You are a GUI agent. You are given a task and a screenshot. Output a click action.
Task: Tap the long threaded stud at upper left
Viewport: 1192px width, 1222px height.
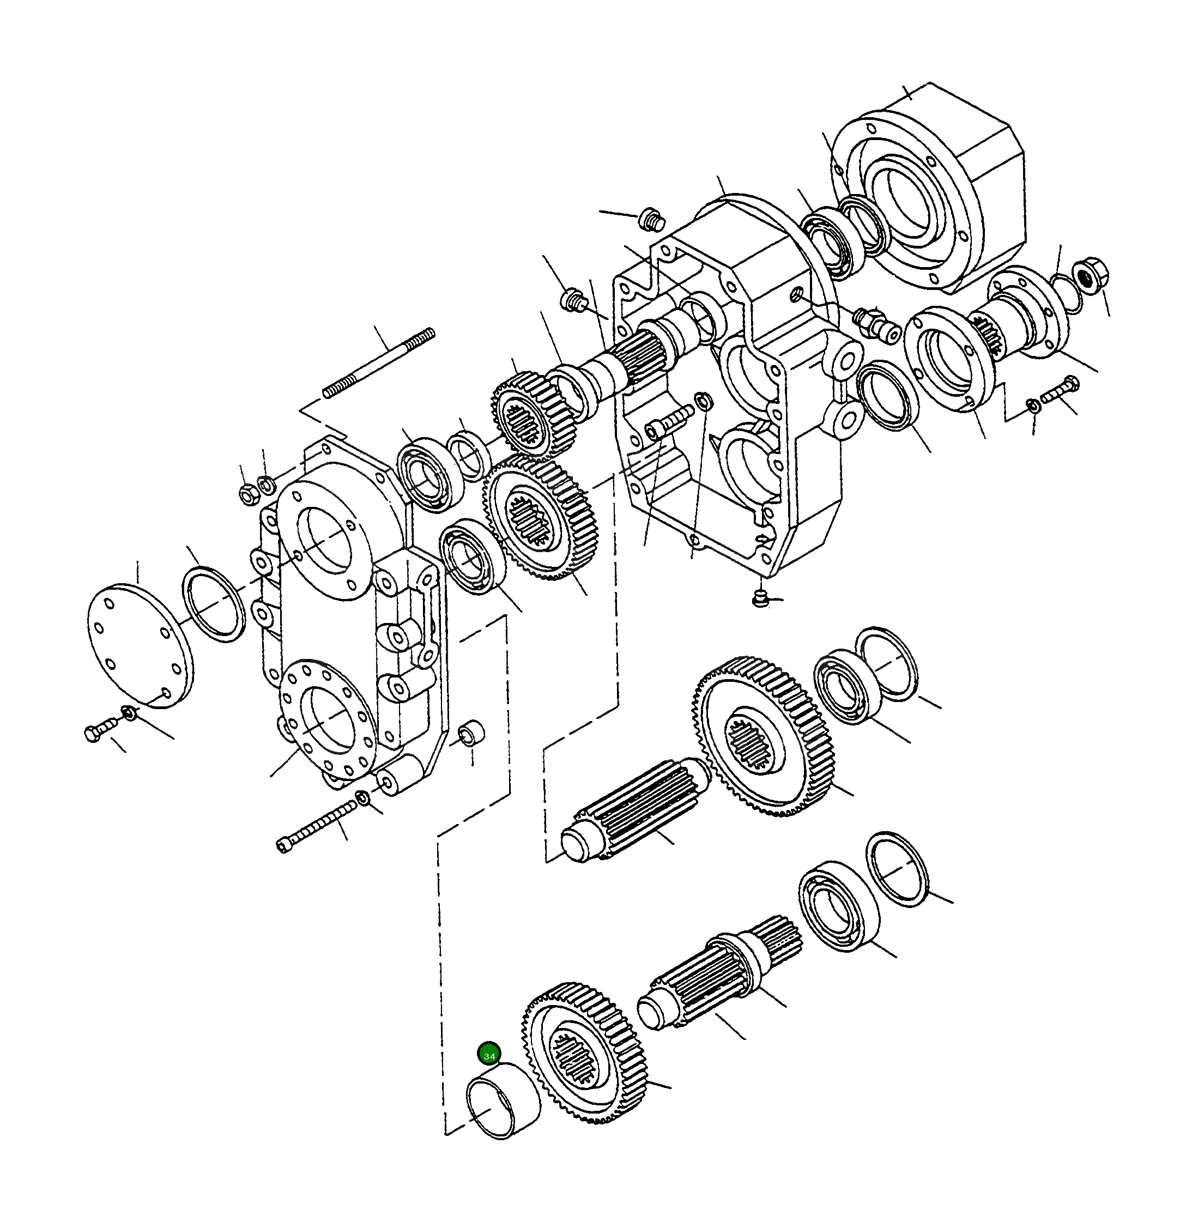coord(379,364)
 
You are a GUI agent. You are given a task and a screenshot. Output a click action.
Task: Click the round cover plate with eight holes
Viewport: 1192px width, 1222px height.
coord(140,646)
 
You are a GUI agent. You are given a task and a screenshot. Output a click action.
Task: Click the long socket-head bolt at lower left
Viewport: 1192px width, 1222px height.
coord(316,827)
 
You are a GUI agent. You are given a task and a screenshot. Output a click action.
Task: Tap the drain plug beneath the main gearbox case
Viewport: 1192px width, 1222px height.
coord(759,598)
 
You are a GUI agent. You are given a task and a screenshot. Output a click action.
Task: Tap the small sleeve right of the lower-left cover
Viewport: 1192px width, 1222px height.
coord(473,734)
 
